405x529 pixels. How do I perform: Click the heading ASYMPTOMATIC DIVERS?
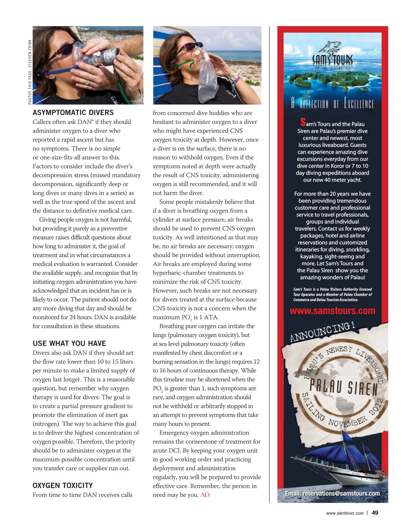73,113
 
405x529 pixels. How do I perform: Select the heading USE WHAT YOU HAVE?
69,344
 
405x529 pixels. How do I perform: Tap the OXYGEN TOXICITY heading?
62,486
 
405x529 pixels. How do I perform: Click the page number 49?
375,513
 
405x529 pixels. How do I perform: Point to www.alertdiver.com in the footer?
345,513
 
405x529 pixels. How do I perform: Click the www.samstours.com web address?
332,311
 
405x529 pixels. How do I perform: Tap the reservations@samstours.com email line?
332,494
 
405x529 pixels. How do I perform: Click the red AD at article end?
205,495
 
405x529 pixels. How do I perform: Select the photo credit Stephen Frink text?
30,72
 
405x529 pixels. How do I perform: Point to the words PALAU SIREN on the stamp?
343,387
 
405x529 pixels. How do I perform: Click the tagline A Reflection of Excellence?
332,103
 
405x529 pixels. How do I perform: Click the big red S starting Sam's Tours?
303,122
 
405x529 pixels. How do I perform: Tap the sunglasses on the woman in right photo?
189,46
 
